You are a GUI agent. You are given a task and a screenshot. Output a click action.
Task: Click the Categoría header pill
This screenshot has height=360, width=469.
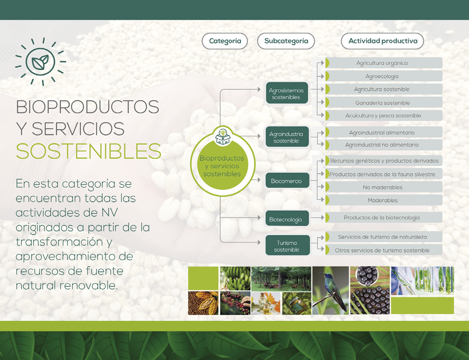click(x=225, y=41)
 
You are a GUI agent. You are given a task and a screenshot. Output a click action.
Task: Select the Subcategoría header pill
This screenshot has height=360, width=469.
click(x=286, y=41)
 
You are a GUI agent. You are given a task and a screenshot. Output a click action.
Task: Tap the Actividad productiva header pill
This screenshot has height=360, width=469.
click(x=382, y=41)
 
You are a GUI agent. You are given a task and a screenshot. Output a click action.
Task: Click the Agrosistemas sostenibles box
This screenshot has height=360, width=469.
click(x=287, y=93)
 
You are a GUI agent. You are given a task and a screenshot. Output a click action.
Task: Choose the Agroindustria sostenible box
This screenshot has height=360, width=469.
click(x=287, y=137)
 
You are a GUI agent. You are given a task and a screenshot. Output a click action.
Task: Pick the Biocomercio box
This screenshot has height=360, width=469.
click(x=287, y=180)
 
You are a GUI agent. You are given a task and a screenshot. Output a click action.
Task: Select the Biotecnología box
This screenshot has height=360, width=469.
click(x=287, y=219)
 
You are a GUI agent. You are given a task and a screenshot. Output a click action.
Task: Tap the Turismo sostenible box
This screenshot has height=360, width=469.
click(x=287, y=246)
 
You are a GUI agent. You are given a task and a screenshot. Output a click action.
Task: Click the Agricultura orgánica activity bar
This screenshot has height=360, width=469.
click(x=383, y=63)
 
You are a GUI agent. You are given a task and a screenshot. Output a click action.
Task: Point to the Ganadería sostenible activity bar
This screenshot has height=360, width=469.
click(x=383, y=103)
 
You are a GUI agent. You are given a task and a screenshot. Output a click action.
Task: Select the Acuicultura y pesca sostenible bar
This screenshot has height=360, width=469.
click(x=383, y=115)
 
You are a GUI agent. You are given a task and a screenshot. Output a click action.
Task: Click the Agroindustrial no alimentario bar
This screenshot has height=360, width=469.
click(x=383, y=145)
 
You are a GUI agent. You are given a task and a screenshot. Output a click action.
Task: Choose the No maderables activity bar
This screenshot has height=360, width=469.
click(x=383, y=187)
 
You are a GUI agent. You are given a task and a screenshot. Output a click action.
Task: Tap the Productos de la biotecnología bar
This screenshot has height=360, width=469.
click(x=383, y=217)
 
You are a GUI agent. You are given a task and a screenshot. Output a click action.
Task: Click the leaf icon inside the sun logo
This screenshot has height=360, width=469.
click(x=40, y=62)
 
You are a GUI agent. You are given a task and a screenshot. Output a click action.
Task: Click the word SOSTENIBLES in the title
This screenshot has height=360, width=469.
click(x=88, y=151)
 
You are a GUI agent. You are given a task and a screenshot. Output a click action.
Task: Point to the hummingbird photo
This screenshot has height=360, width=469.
click(x=330, y=291)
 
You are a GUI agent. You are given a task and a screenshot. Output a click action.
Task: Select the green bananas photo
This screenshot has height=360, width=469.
click(x=235, y=278)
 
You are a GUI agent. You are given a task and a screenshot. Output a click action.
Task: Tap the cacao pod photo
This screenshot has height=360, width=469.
click(x=203, y=303)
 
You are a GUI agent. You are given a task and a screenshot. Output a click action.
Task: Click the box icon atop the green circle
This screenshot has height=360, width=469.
click(x=223, y=137)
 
